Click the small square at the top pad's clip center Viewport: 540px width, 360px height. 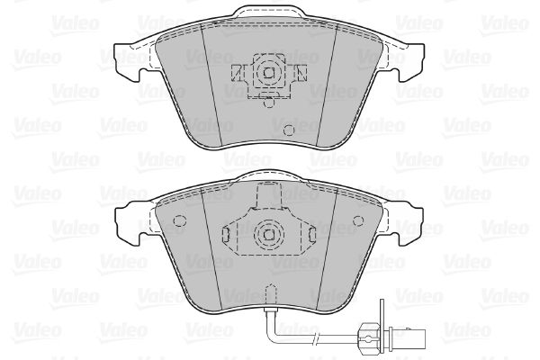pos(268,73)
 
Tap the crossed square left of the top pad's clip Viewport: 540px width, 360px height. pos(238,73)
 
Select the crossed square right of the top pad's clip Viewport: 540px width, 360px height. pos(301,73)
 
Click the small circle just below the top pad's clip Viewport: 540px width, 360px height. pos(268,103)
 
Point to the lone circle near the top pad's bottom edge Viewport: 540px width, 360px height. pos(289,130)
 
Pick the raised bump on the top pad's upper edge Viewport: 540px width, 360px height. pos(269,13)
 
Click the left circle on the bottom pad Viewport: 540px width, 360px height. pos(179,220)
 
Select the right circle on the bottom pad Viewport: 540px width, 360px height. pos(358,220)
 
